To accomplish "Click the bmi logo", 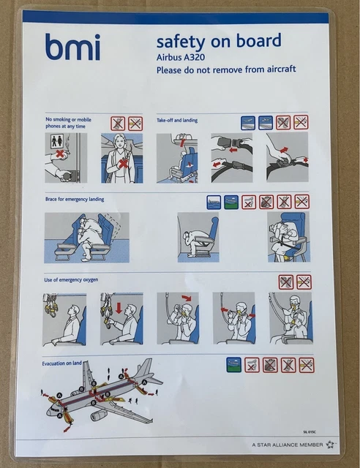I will (x=72, y=47).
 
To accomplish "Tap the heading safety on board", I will (x=218, y=41).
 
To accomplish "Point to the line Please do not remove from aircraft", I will (x=225, y=69).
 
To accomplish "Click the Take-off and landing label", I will (x=177, y=120).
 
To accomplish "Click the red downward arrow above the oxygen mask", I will (x=117, y=303).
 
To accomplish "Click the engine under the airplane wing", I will (x=98, y=415).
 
